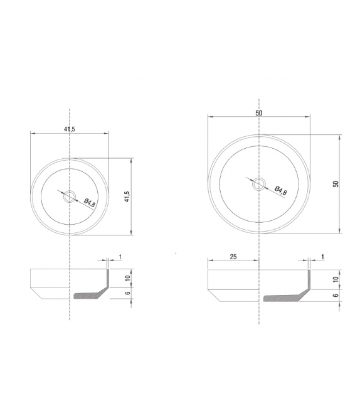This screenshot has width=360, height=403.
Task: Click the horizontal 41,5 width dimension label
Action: tap(70, 129)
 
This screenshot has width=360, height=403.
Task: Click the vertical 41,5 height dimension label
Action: tap(127, 196)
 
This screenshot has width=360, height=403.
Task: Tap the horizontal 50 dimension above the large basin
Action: tap(259, 113)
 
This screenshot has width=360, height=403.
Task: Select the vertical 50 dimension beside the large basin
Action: tap(336, 184)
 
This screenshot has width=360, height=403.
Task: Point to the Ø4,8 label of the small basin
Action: tap(90, 203)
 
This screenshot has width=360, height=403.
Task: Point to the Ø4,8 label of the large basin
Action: tap(280, 191)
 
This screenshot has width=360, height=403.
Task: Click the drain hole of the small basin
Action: tap(70, 197)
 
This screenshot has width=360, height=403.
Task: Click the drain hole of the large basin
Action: tap(259, 184)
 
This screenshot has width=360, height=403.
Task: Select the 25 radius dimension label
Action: tap(233, 257)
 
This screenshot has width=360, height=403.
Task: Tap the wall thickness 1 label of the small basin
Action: tap(120, 257)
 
